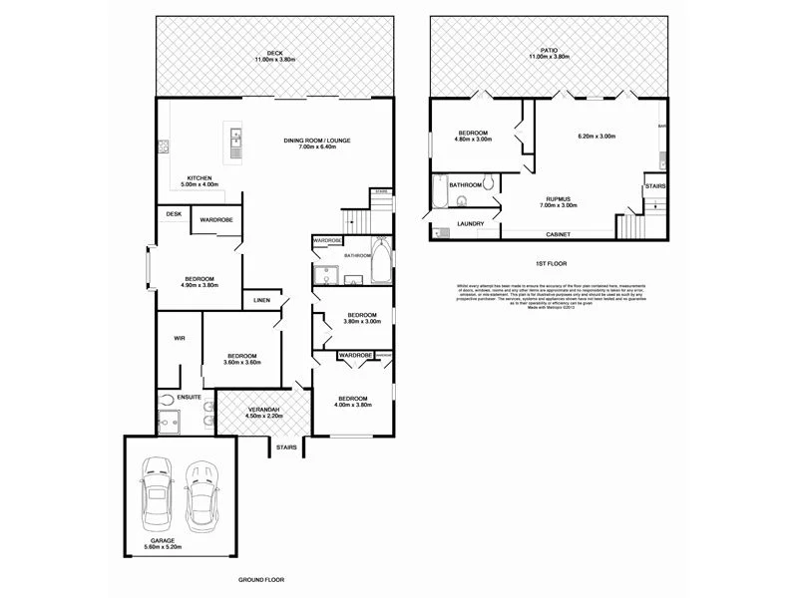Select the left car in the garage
point(159,494)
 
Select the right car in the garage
point(201,494)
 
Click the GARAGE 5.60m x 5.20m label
point(180,545)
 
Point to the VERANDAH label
point(264,412)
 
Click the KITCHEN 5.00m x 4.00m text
point(199,181)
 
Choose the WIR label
point(180,339)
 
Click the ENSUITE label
point(190,397)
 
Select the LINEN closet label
point(261,300)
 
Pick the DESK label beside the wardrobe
point(174,213)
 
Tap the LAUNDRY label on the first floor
point(471,224)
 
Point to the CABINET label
point(560,235)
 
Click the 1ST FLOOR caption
point(551,263)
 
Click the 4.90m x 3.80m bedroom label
point(199,282)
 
